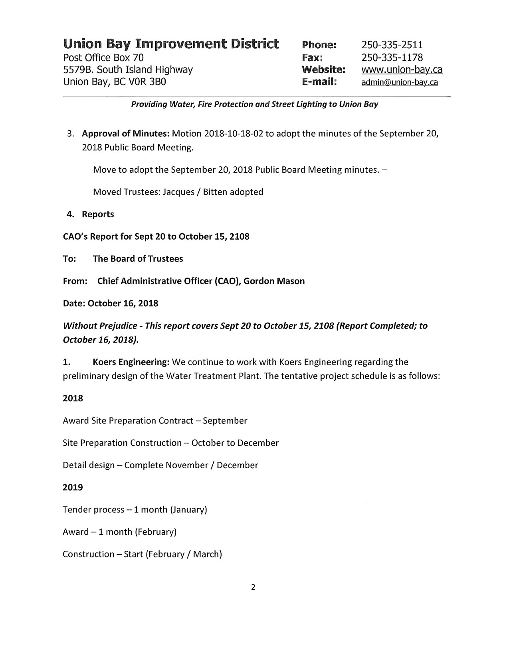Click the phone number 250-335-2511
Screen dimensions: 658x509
tap(392, 45)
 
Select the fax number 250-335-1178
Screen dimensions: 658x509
tap(392, 57)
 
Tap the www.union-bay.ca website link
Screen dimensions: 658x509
tap(402, 70)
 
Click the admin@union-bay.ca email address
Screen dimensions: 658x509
tap(399, 83)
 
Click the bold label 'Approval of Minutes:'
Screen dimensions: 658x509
tap(126, 133)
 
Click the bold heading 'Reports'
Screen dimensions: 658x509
tap(98, 215)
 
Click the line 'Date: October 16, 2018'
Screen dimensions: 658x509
tap(111, 303)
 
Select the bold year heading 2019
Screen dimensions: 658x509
tap(73, 487)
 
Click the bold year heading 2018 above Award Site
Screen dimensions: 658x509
tap(73, 398)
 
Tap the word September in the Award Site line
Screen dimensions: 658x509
tap(225, 421)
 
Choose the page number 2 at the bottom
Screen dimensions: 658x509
tap(253, 587)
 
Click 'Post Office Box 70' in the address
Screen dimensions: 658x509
tap(101, 57)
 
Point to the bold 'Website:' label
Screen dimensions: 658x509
tap(323, 70)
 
